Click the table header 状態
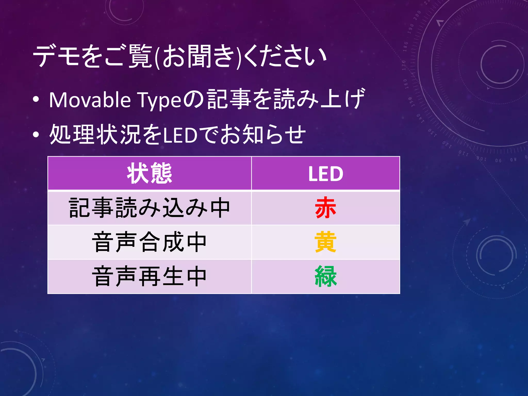150,174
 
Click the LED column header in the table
326,174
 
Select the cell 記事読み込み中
150,208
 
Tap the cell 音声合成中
150,242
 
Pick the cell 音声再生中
150,276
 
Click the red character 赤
325,208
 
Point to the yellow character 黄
325,242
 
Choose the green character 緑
326,276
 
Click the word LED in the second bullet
180,135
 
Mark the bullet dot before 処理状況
36,134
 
